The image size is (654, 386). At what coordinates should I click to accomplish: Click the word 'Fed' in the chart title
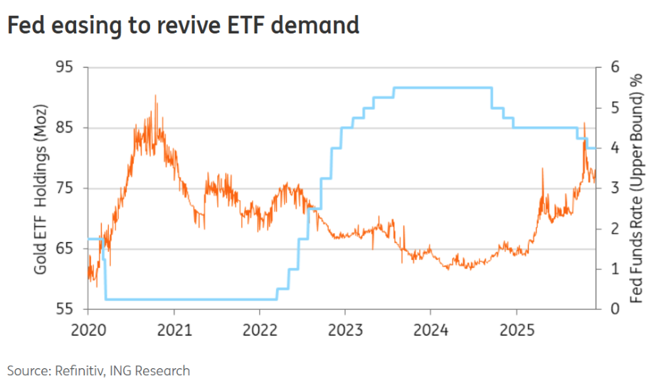[x=26, y=26]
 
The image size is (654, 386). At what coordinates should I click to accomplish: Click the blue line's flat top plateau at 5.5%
[x=441, y=88]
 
